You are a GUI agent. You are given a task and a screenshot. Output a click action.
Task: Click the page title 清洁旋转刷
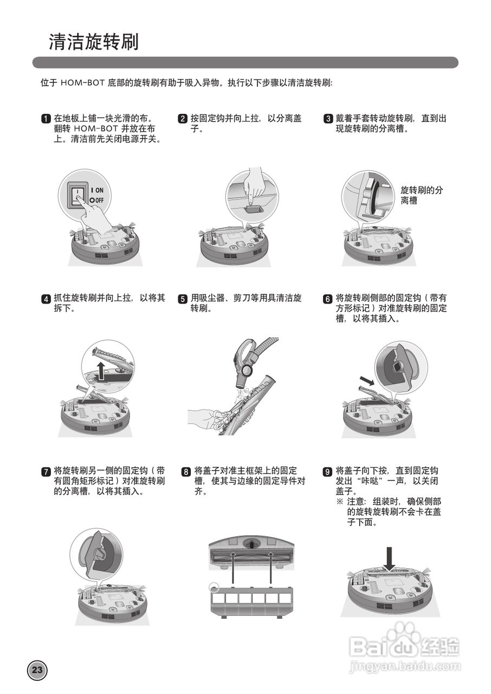pyautogui.click(x=94, y=42)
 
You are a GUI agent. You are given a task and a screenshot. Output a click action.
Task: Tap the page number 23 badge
pyautogui.click(x=37, y=670)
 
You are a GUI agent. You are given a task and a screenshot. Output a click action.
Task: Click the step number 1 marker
pyautogui.click(x=47, y=119)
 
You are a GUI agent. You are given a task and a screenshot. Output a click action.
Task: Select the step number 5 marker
pyautogui.click(x=183, y=299)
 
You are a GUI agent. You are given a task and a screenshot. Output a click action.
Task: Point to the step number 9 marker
pyautogui.click(x=327, y=471)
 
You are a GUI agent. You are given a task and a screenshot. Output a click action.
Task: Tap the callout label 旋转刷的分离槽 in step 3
pyautogui.click(x=421, y=195)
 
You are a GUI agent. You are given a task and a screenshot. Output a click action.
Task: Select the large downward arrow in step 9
pyautogui.click(x=389, y=559)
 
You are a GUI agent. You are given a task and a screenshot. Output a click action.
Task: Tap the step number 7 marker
pyautogui.click(x=47, y=471)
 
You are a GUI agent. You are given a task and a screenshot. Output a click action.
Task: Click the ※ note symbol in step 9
pyautogui.click(x=340, y=502)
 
